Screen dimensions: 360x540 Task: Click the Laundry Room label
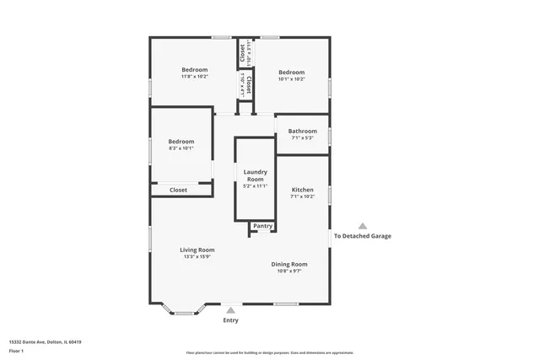click(x=255, y=175)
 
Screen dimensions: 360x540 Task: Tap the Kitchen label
click(x=302, y=190)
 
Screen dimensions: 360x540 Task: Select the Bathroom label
click(x=302, y=131)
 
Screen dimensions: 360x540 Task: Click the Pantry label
click(x=262, y=226)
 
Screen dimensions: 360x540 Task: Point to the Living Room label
click(x=197, y=250)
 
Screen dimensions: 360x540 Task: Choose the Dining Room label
click(x=289, y=264)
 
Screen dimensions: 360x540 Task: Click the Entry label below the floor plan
click(x=230, y=320)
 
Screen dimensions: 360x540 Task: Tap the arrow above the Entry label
click(x=230, y=310)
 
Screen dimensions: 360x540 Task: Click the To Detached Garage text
click(x=363, y=236)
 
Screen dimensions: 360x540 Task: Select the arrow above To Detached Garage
click(x=363, y=226)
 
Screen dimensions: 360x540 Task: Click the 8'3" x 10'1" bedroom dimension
click(x=181, y=148)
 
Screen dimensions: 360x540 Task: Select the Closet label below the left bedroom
click(x=179, y=190)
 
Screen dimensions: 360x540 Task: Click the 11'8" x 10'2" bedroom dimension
click(x=194, y=77)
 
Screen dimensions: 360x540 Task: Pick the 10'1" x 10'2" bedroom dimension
click(x=291, y=79)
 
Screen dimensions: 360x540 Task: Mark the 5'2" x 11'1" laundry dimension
click(x=255, y=186)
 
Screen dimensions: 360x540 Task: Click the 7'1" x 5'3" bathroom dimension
click(x=302, y=138)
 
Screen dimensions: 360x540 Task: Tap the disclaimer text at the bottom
click(x=270, y=352)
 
